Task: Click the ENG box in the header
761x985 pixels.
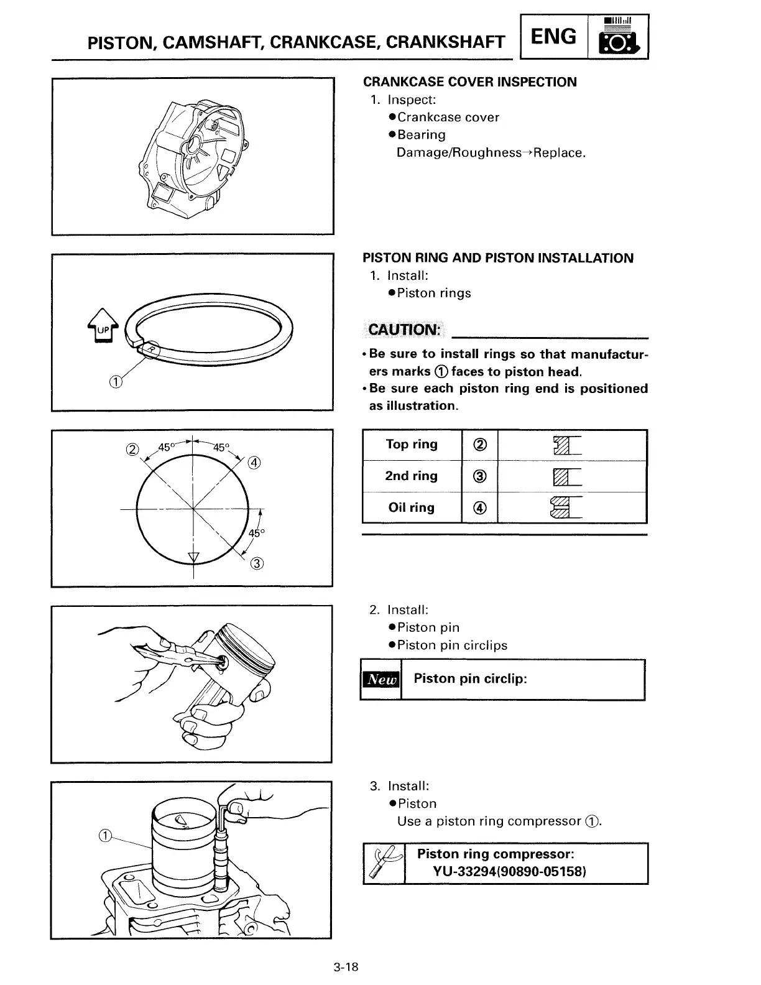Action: pyautogui.click(x=553, y=37)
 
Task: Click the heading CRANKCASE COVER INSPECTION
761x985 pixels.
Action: pyautogui.click(x=469, y=82)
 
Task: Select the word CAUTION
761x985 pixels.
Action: pyautogui.click(x=404, y=330)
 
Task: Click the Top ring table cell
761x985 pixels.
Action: pyautogui.click(x=412, y=445)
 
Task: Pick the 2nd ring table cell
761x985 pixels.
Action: pyautogui.click(x=412, y=476)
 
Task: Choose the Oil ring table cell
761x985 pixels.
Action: pyautogui.click(x=412, y=508)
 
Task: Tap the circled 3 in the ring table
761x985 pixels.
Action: pyautogui.click(x=479, y=476)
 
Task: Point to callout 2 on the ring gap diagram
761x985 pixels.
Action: pyautogui.click(x=131, y=449)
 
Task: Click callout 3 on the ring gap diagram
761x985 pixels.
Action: pyautogui.click(x=257, y=564)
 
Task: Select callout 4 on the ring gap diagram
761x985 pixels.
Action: pyautogui.click(x=254, y=462)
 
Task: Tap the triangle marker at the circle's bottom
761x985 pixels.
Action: pyautogui.click(x=193, y=556)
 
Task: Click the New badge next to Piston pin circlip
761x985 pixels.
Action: pyautogui.click(x=381, y=680)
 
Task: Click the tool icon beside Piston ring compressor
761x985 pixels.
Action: pyautogui.click(x=383, y=862)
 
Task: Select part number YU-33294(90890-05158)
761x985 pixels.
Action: pyautogui.click(x=510, y=871)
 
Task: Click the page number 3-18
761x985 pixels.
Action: pyautogui.click(x=346, y=967)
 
